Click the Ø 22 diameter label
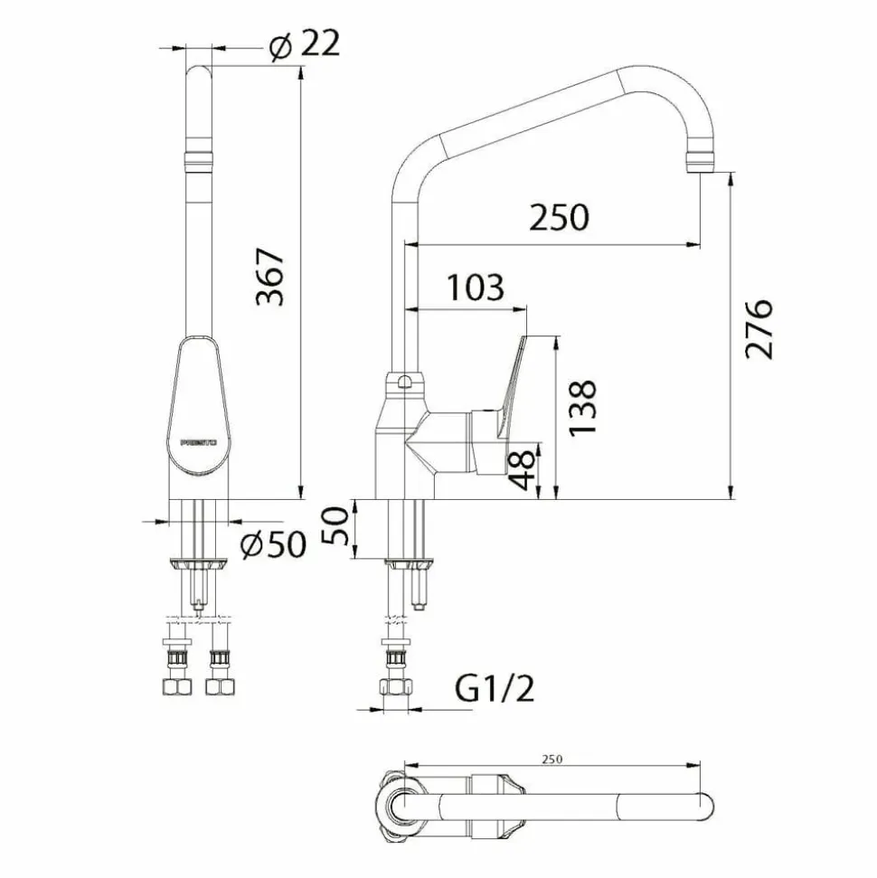pyautogui.click(x=304, y=43)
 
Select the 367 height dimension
pyautogui.click(x=270, y=278)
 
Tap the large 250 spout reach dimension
pyautogui.click(x=559, y=217)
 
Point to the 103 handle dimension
pyautogui.click(x=476, y=288)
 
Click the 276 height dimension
pyautogui.click(x=759, y=329)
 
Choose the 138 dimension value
pyautogui.click(x=582, y=408)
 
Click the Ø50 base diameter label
pyautogui.click(x=273, y=543)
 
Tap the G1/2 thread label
pyautogui.click(x=495, y=688)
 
